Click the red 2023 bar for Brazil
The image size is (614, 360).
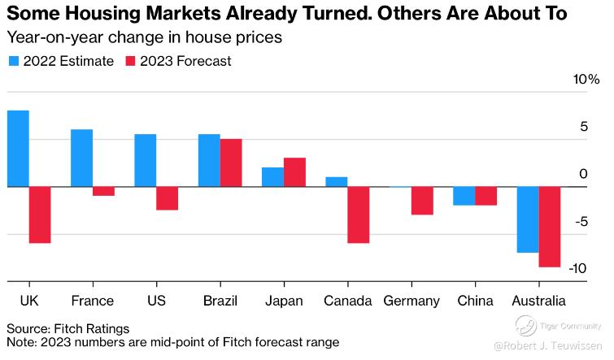231,163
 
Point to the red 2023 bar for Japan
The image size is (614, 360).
294,172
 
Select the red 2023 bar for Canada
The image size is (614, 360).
359,215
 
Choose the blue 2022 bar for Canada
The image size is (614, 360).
337,182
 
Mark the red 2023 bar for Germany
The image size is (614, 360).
422,201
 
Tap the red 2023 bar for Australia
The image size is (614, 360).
550,227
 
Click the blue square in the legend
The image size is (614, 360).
14,61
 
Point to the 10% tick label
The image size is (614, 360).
586,79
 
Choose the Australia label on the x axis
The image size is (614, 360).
539,301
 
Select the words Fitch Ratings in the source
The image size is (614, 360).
90,328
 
